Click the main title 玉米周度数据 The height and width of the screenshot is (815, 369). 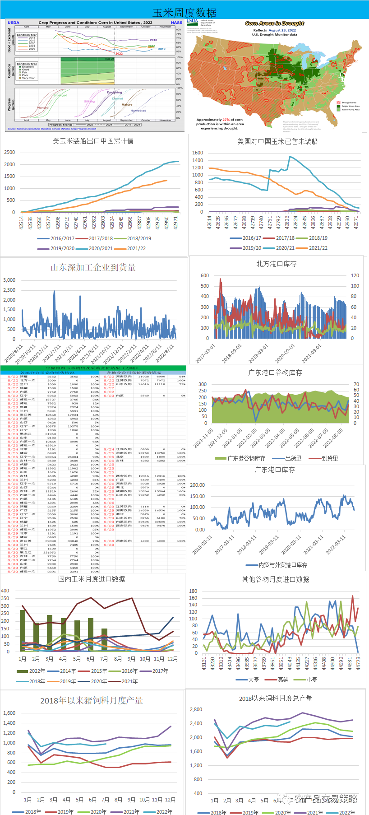(184, 12)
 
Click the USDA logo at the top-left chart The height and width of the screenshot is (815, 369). (14, 22)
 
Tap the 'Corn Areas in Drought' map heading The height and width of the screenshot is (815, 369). (274, 23)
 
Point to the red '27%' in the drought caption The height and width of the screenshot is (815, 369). (226, 120)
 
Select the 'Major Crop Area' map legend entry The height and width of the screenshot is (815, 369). (351, 106)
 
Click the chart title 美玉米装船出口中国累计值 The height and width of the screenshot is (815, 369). (93, 141)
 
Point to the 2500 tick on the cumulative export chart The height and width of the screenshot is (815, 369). (9, 152)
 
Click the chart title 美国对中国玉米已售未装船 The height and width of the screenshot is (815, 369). (277, 141)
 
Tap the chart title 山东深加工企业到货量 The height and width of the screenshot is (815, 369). (93, 267)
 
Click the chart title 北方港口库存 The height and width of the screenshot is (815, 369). (276, 264)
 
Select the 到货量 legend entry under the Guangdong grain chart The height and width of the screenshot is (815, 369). (330, 458)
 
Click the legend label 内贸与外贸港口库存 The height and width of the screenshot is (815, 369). (283, 565)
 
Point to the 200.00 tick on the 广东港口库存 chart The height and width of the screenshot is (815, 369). (197, 485)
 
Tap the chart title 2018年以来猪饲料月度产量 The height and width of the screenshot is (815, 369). (91, 700)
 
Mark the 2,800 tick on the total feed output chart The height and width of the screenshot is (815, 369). (196, 709)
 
